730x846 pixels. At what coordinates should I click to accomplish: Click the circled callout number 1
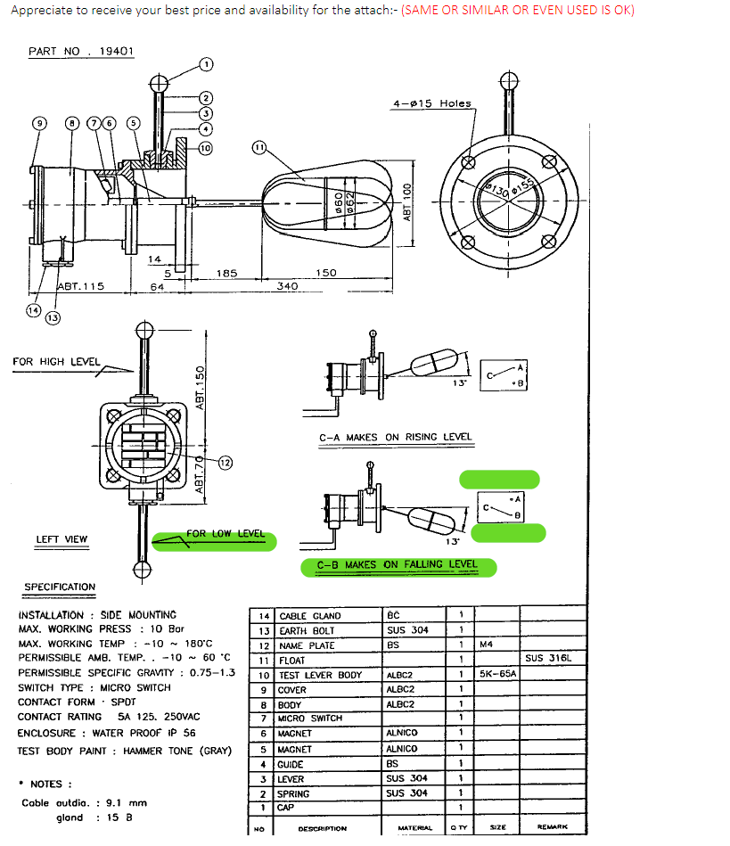click(206, 64)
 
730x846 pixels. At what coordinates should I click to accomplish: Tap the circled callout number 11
click(259, 147)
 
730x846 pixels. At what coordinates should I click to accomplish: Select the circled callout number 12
click(225, 462)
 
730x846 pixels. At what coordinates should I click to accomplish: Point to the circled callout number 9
click(39, 123)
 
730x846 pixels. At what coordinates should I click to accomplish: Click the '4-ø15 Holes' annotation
click(431, 103)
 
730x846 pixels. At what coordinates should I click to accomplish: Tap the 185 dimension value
click(226, 273)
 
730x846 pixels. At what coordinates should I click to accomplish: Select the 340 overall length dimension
click(287, 286)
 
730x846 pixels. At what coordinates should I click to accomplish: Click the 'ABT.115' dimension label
click(80, 286)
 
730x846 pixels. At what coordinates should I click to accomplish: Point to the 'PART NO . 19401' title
click(81, 51)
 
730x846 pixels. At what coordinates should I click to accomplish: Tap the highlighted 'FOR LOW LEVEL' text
click(226, 534)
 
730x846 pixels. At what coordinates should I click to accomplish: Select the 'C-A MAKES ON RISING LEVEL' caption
click(396, 438)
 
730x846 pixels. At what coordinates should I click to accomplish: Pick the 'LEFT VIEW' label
click(62, 539)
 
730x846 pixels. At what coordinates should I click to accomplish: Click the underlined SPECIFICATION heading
click(60, 587)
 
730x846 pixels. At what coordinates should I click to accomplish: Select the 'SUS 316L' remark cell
click(547, 659)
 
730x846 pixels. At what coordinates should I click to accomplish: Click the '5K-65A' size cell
click(498, 674)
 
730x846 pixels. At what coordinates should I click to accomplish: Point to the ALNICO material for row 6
click(402, 733)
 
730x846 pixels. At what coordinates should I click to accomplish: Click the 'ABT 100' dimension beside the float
click(408, 202)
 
